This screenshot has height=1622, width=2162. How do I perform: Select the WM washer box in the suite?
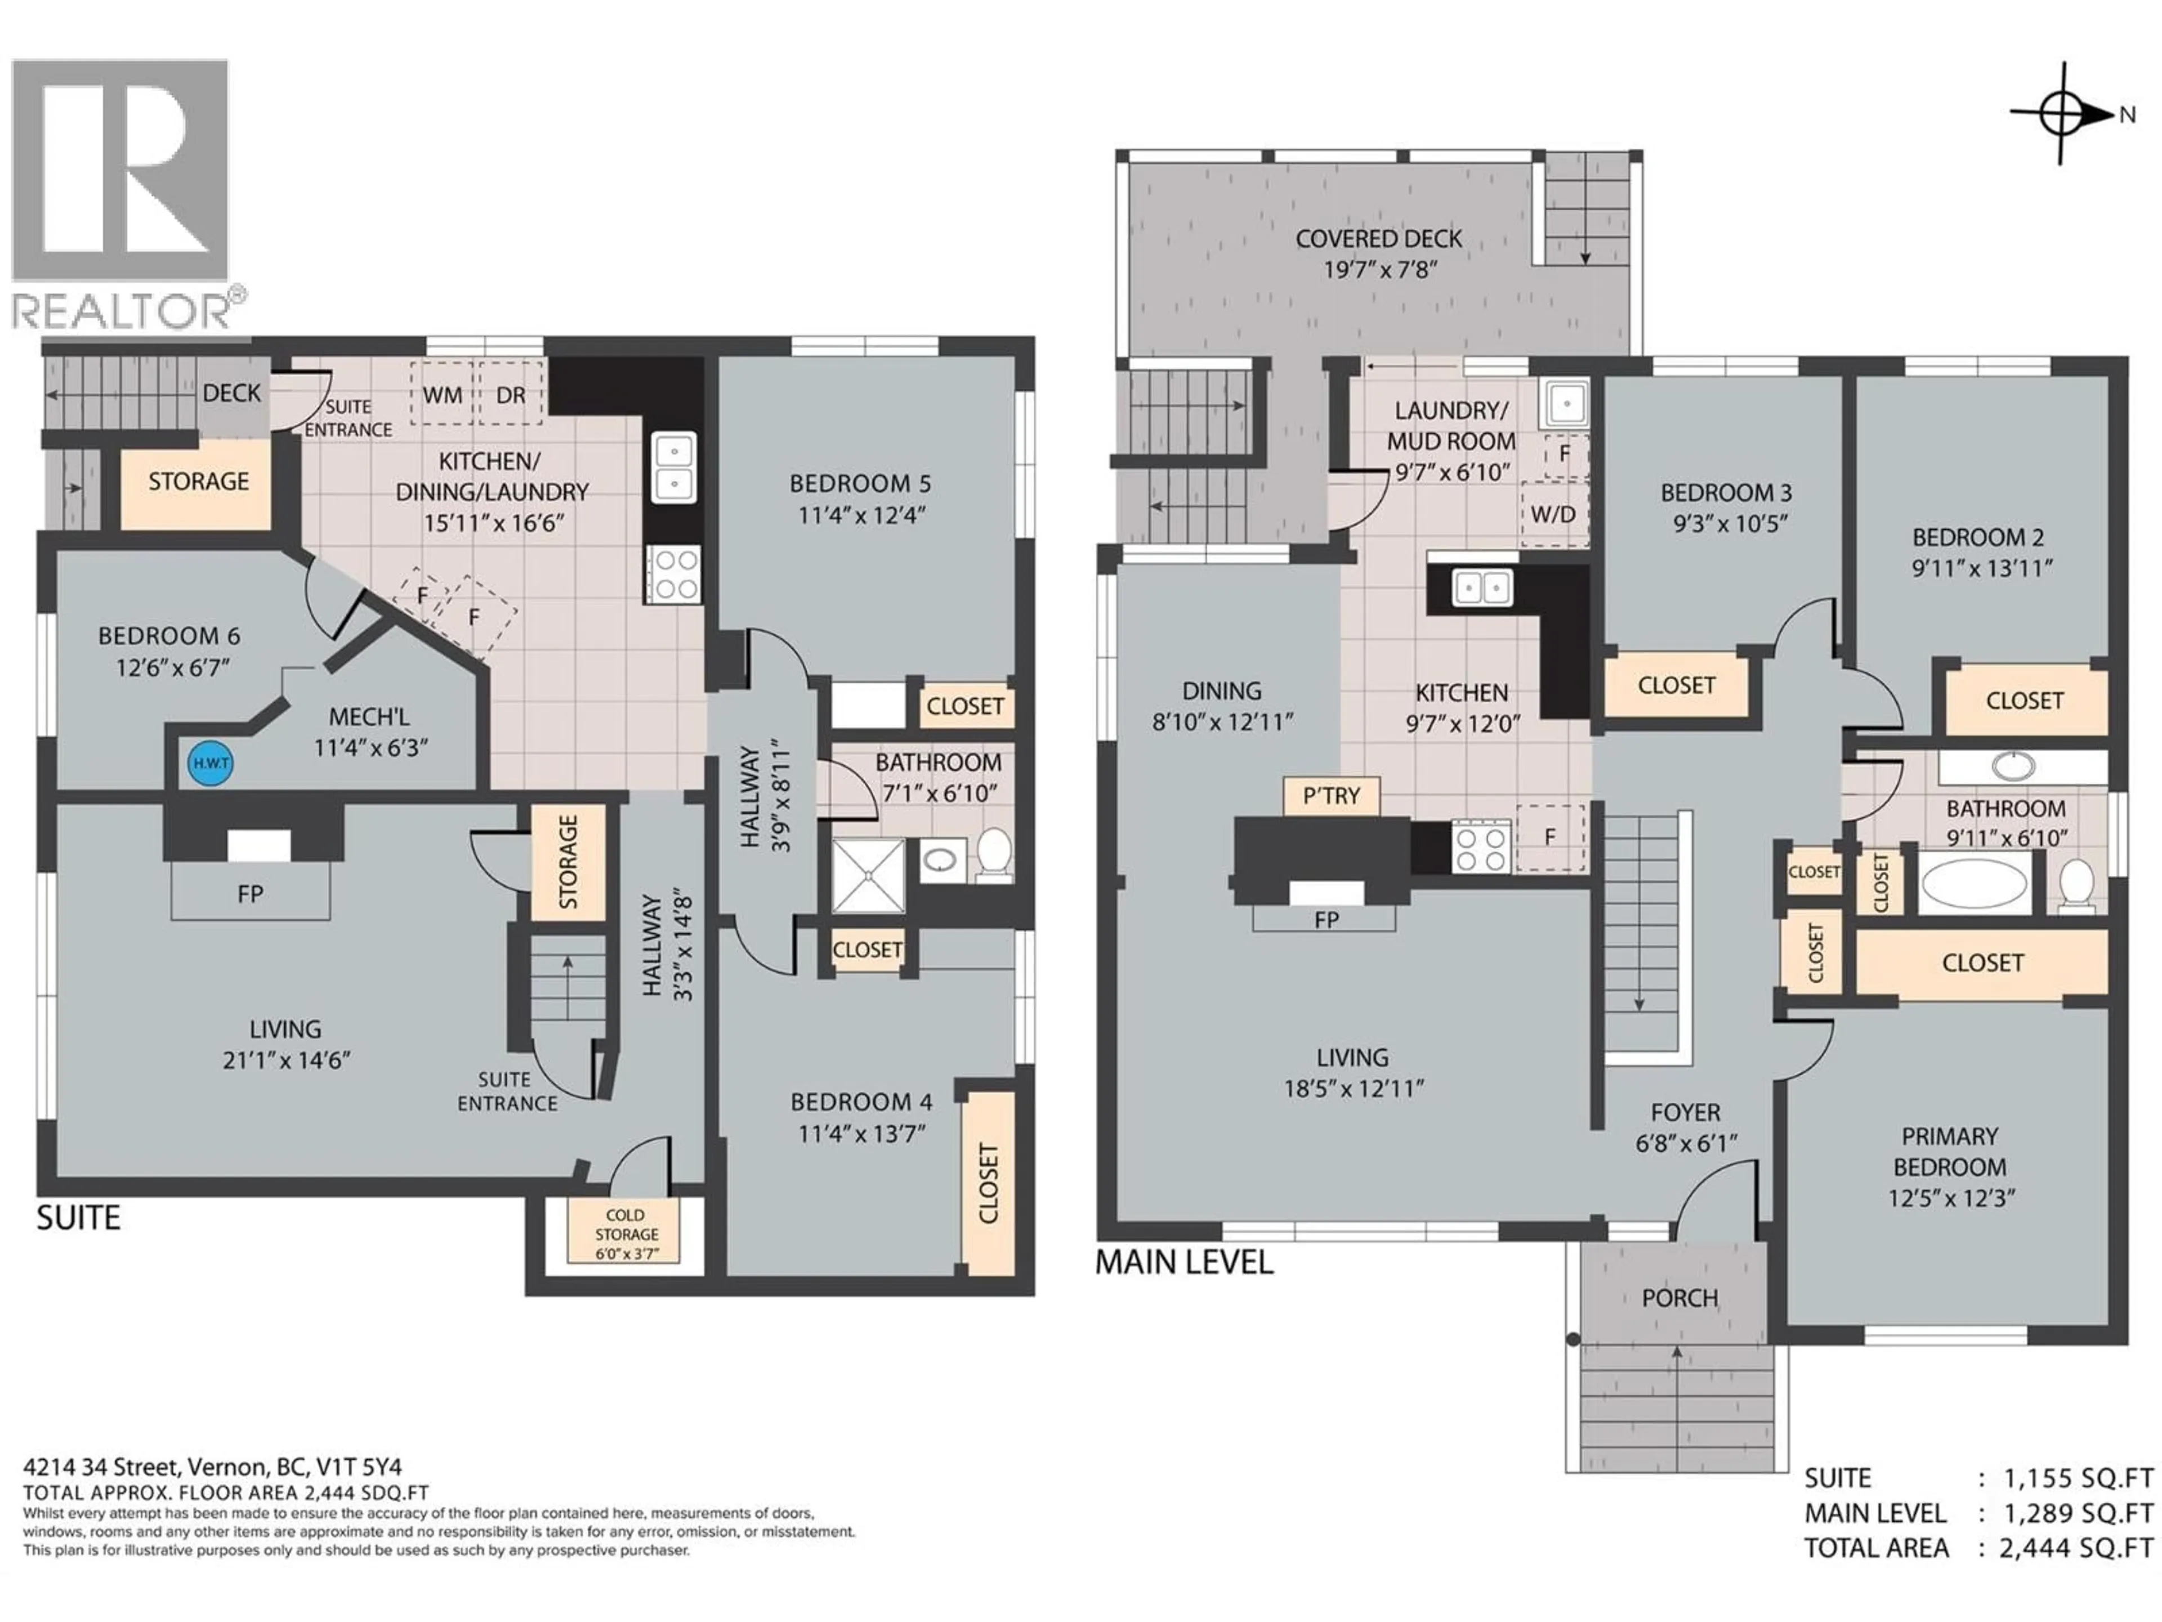[442, 394]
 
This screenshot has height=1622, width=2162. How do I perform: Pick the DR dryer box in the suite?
[510, 394]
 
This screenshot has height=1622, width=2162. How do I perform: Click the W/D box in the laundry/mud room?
[1553, 513]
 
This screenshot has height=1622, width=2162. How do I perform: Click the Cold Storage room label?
[626, 1234]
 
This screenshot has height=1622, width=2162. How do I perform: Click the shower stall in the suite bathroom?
[869, 876]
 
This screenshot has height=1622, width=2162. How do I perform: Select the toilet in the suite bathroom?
[995, 855]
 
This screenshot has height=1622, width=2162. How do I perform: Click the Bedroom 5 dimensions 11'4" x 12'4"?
[861, 514]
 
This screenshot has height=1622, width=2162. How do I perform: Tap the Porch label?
[1679, 1298]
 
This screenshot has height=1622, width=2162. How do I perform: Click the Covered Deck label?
[1378, 239]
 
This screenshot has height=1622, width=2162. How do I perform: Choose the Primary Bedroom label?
[1950, 1152]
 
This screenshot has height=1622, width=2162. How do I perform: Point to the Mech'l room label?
[368, 716]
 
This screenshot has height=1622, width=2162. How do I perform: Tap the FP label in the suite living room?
[250, 894]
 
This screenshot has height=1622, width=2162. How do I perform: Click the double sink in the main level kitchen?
[1482, 587]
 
